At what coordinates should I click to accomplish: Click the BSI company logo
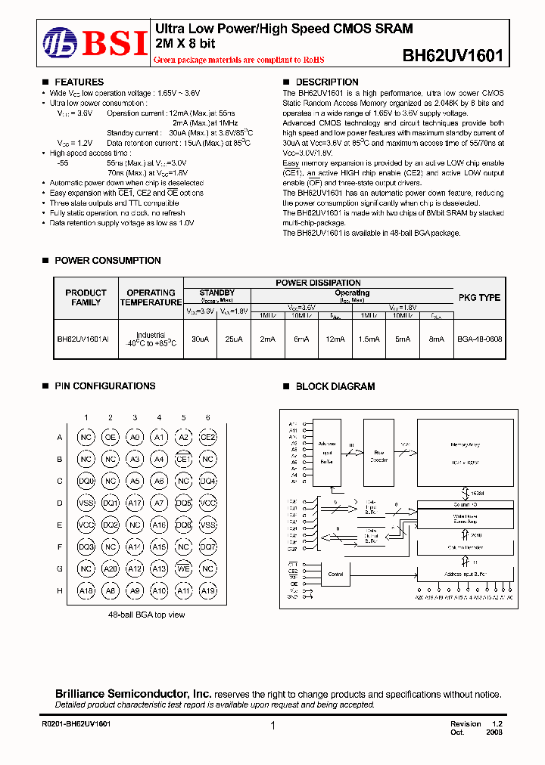95,43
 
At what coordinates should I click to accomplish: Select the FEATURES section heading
79,82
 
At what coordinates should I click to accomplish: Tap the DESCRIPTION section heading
326,82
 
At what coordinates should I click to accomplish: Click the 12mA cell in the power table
334,339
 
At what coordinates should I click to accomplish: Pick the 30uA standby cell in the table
200,339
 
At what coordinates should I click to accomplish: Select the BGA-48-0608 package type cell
479,339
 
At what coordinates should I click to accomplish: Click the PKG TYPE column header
479,298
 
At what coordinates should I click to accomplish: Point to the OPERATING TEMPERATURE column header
151,298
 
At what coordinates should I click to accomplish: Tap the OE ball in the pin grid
111,437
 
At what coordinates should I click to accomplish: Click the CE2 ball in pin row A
207,437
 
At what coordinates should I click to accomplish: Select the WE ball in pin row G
183,568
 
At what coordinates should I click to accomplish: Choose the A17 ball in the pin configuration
135,503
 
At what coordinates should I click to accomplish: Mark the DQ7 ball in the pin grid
207,547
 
